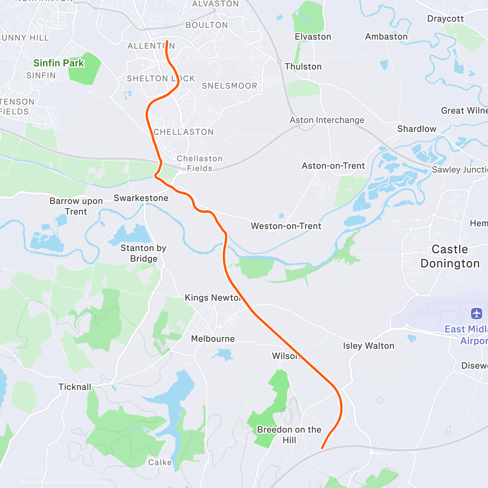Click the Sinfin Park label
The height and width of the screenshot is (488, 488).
point(59,63)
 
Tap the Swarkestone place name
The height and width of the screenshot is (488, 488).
point(141,198)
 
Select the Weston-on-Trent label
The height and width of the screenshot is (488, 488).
point(286,226)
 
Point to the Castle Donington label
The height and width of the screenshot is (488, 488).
point(450,256)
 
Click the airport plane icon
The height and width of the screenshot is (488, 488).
point(477,314)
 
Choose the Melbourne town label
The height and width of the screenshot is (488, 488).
point(213,339)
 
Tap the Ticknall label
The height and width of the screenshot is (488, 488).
point(75,387)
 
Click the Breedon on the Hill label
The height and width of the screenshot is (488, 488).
point(289,435)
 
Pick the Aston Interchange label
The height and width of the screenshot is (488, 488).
point(327,120)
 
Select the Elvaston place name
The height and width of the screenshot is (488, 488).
point(313,37)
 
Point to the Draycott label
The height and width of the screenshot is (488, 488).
point(445,19)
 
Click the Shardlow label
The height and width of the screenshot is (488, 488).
point(417,129)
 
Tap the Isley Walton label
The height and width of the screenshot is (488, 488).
point(368,346)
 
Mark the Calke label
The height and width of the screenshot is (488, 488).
point(160,462)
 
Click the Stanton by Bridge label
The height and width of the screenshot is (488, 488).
point(144,253)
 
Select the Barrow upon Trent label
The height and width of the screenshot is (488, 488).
point(76,206)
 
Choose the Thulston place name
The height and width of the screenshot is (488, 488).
point(303,67)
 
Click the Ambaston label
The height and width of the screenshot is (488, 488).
point(386,37)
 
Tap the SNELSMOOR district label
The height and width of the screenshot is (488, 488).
point(230,86)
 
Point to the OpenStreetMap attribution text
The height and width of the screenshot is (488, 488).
point(85,483)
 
